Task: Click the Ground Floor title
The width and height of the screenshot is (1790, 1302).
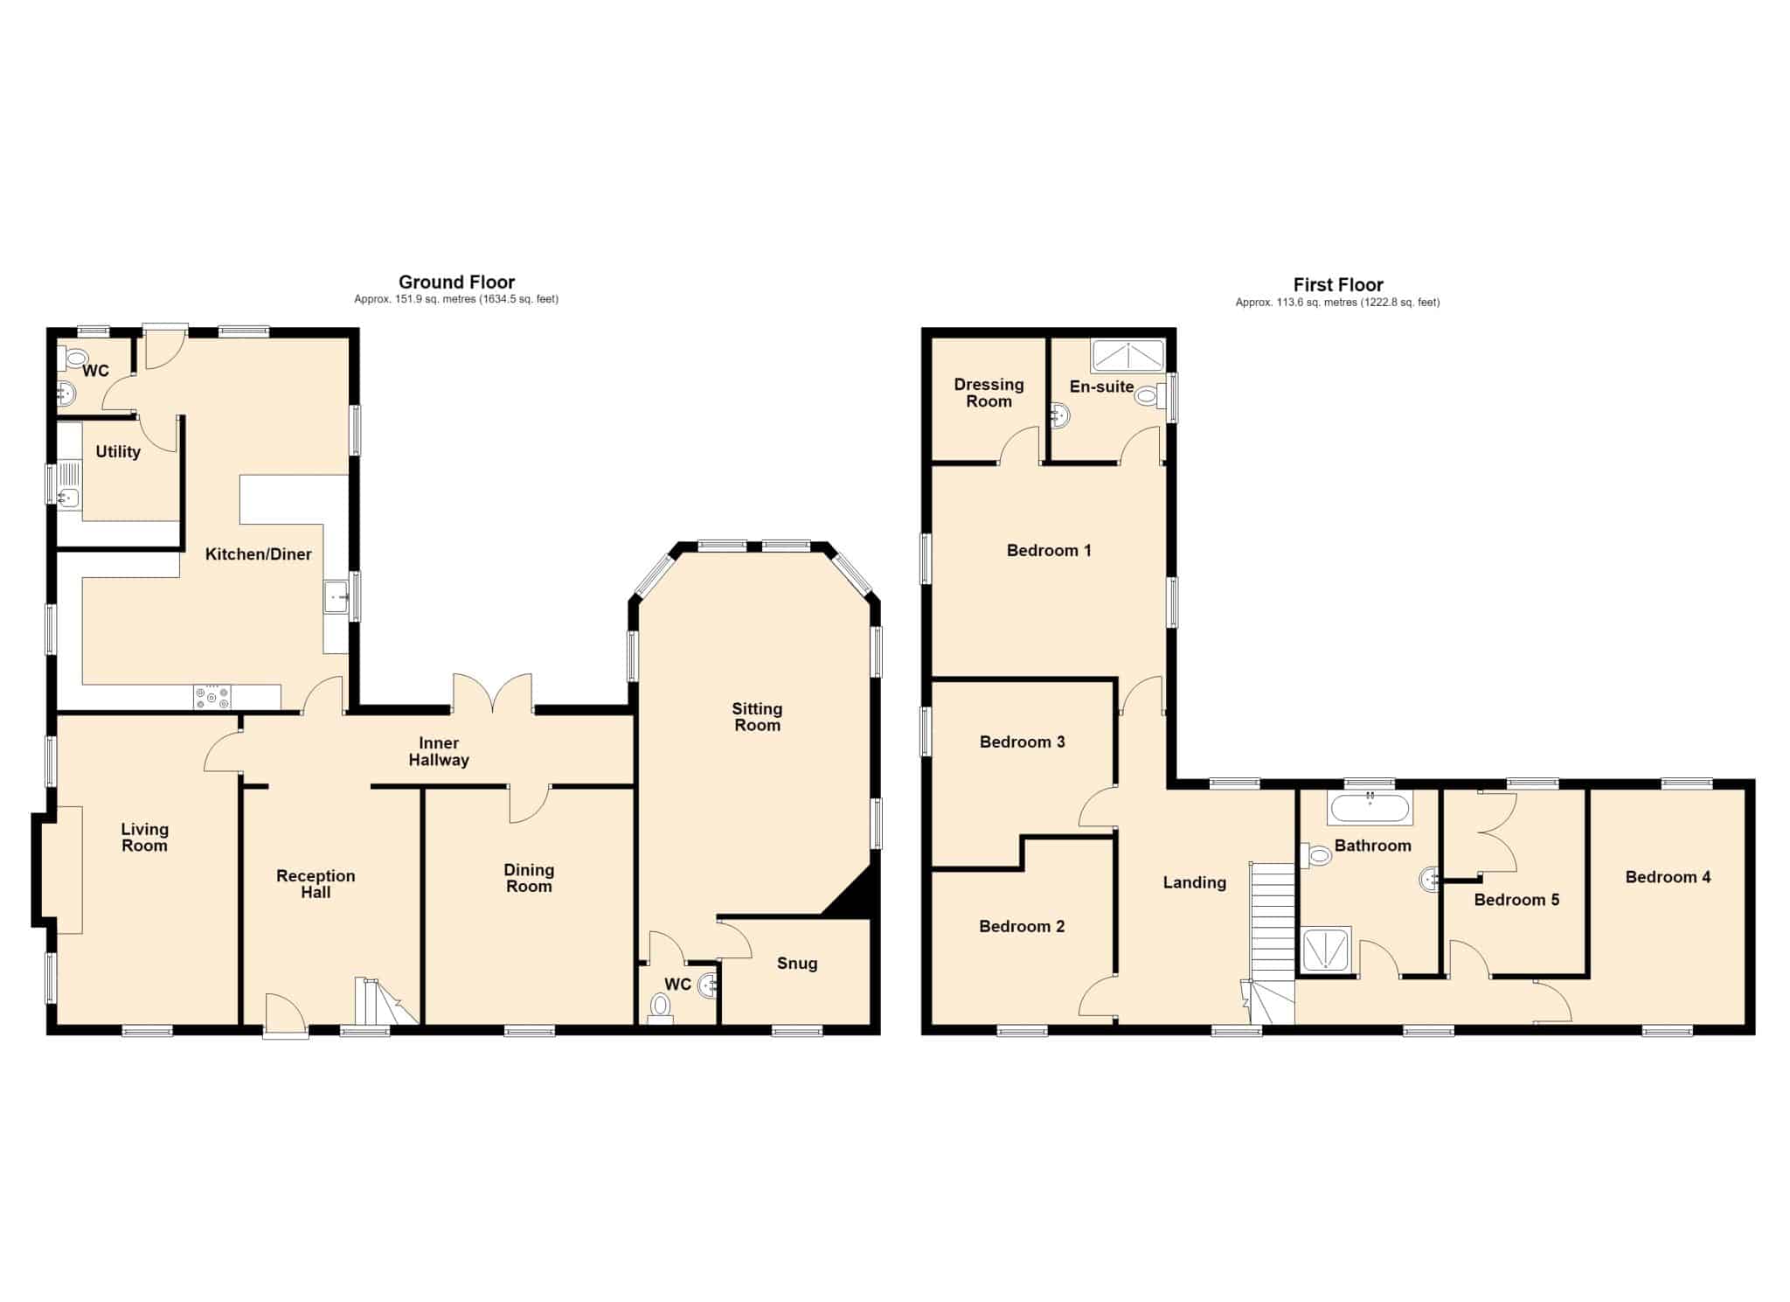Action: [x=456, y=282]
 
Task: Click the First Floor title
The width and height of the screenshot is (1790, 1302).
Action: [x=1338, y=285]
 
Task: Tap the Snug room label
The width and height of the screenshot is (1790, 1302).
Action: [x=797, y=964]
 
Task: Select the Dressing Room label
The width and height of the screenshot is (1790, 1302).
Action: [x=989, y=393]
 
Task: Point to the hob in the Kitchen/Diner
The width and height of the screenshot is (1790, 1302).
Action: [x=213, y=697]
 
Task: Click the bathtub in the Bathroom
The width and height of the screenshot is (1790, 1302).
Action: [x=1369, y=809]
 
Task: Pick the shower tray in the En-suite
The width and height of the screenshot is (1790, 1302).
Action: [x=1127, y=357]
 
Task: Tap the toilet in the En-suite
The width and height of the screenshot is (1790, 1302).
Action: [x=1152, y=396]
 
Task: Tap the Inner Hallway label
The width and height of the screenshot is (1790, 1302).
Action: [x=439, y=752]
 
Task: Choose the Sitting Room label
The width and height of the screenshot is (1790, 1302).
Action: [x=757, y=717]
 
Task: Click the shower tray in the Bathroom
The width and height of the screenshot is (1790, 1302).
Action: [x=1327, y=950]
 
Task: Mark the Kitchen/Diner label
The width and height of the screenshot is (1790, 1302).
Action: [x=258, y=554]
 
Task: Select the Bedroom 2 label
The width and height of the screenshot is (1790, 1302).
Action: [x=1022, y=926]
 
